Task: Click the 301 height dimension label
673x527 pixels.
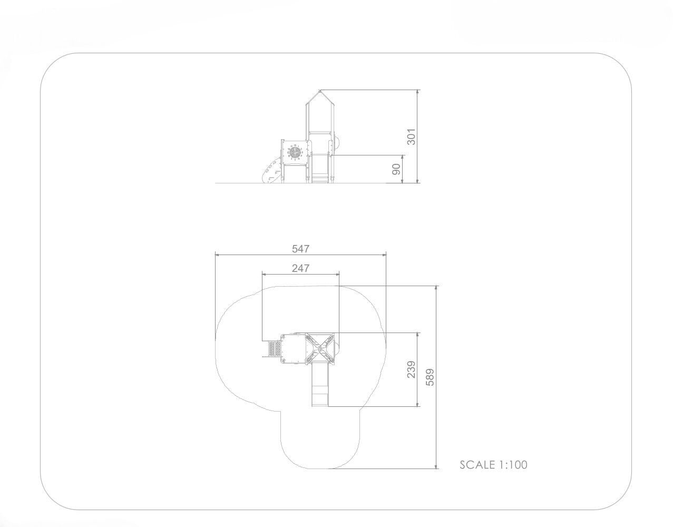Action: point(411,136)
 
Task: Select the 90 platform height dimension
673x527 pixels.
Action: point(396,169)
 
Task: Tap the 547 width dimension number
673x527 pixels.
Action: point(301,248)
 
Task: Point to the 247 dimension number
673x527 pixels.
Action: point(301,268)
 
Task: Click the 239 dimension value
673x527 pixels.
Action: point(411,369)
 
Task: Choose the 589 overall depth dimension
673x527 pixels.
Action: point(430,377)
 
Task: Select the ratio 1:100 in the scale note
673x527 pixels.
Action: point(513,473)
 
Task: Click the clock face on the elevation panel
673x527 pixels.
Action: point(294,152)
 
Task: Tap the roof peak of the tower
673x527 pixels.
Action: point(320,90)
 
